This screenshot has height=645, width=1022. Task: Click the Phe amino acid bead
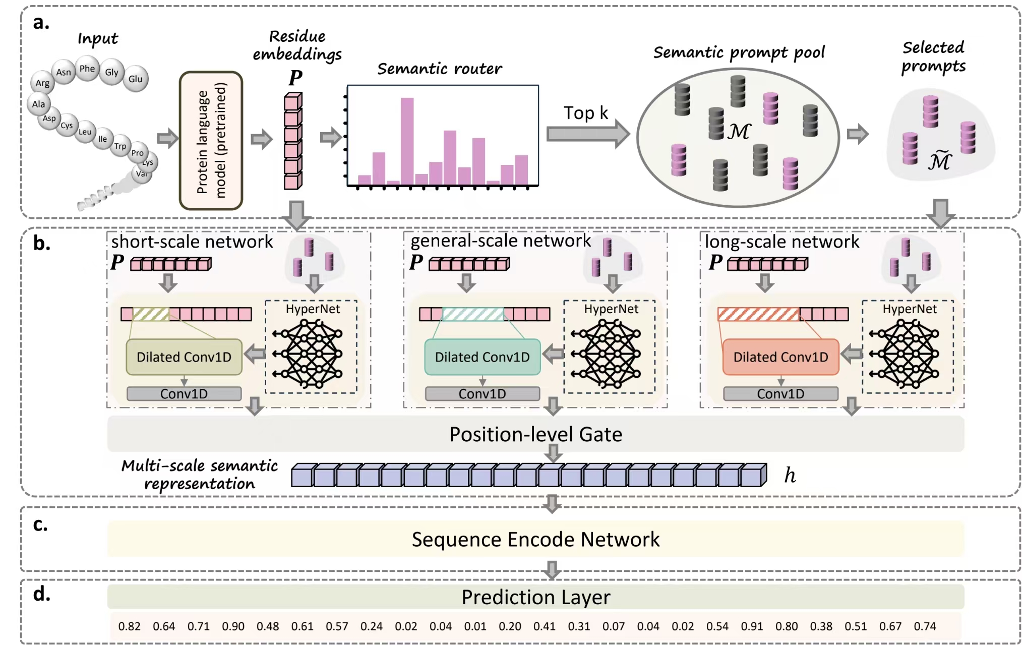(87, 69)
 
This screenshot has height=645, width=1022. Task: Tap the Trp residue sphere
(120, 146)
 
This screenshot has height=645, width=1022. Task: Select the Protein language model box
(211, 140)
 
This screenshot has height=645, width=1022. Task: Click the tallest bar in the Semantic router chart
(407, 141)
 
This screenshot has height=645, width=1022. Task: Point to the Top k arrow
(588, 133)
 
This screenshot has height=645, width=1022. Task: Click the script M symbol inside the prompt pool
(739, 132)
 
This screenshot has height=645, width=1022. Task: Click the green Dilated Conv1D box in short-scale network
(184, 357)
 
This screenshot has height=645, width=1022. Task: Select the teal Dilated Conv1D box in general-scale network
(482, 357)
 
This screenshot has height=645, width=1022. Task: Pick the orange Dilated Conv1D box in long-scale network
(780, 357)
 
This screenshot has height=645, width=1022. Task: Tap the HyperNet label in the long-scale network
(909, 309)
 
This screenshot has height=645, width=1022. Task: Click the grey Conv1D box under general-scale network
(482, 394)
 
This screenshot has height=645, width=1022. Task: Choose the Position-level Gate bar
(535, 434)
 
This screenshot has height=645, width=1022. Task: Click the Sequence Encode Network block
(535, 539)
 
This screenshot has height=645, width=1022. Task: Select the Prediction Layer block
(535, 597)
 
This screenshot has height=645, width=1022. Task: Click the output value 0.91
(752, 626)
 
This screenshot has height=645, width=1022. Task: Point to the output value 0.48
(268, 626)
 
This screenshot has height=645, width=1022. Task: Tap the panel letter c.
(40, 524)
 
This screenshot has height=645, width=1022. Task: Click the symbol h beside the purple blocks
(790, 475)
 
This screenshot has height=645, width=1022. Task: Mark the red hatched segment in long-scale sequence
(758, 314)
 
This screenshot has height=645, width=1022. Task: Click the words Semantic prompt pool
(739, 52)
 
